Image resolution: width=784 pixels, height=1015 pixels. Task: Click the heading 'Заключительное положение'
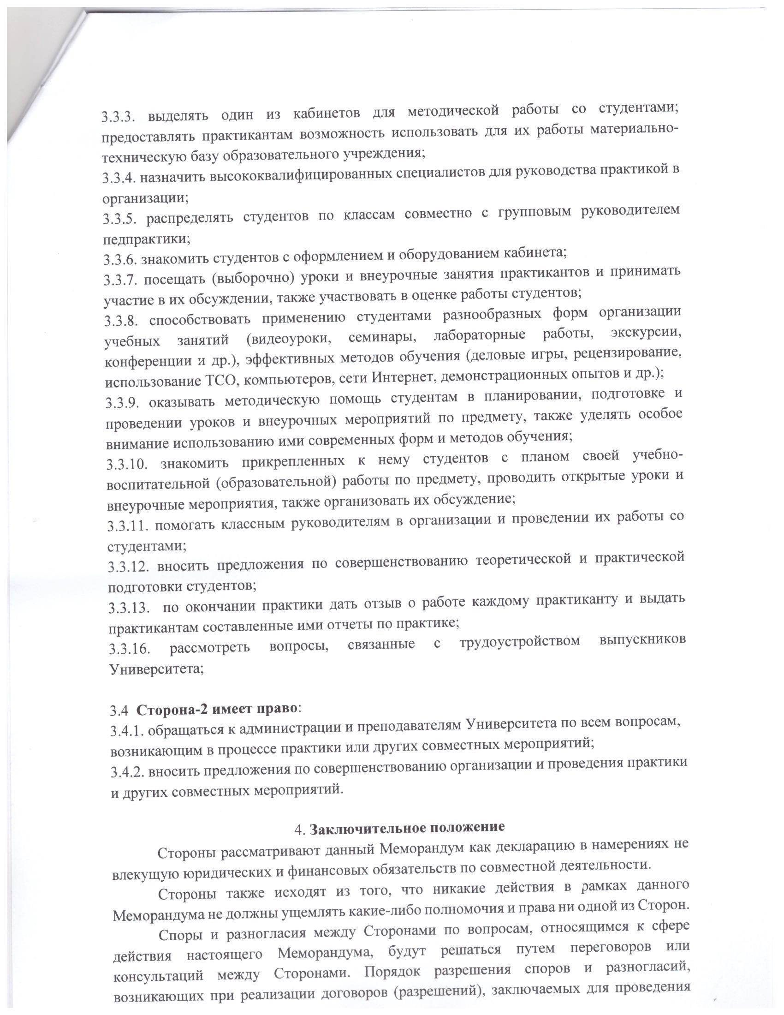[407, 828]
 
